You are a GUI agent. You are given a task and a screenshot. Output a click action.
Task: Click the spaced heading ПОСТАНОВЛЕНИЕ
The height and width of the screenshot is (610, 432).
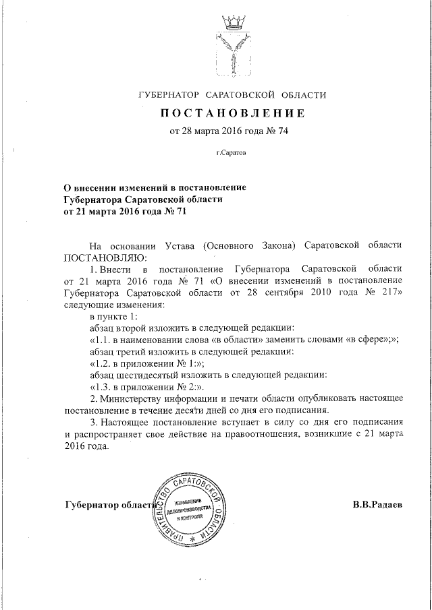232,113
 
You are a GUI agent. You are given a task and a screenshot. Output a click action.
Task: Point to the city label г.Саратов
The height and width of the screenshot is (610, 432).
232,154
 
